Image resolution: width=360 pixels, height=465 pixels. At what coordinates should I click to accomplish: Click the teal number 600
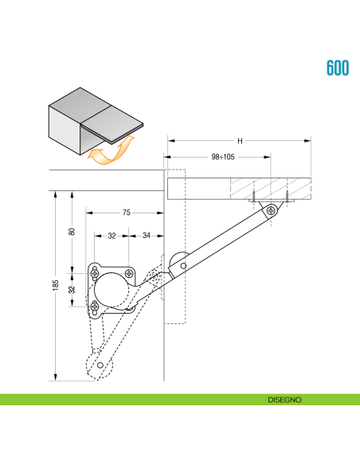[x=338, y=68]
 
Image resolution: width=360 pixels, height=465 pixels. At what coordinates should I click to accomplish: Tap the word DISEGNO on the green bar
[x=284, y=399]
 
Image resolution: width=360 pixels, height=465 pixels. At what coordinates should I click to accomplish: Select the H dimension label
[x=240, y=141]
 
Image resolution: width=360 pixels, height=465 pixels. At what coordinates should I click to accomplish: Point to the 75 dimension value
[x=127, y=213]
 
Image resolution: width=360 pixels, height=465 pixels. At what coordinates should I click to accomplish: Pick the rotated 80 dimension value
[x=72, y=232]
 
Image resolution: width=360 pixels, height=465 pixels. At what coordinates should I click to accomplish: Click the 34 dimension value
[x=147, y=236]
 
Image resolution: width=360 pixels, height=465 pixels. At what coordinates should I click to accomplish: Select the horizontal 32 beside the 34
[x=112, y=236]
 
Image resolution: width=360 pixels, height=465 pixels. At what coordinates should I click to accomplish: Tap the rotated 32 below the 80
[x=72, y=289]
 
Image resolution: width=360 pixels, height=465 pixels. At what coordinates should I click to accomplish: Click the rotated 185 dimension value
[x=56, y=285]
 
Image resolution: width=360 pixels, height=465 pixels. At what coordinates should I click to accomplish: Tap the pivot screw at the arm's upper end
[x=272, y=210]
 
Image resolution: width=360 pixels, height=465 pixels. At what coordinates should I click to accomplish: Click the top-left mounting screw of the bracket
[x=95, y=269]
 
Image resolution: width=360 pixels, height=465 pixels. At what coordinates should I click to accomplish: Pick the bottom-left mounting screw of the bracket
[x=95, y=306]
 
